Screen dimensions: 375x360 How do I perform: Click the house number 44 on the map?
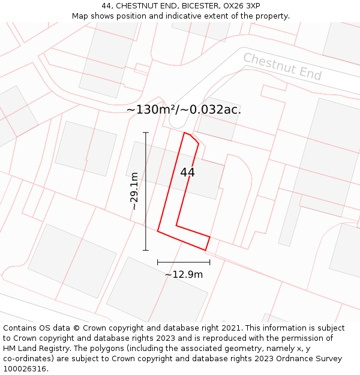point(187,172)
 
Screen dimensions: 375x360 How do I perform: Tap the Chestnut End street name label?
point(282,66)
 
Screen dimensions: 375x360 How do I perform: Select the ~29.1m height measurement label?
point(134,191)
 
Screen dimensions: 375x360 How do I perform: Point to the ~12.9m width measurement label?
point(184,275)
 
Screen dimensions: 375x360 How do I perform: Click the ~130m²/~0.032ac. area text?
point(184,109)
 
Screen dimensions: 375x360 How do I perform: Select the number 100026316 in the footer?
point(26,369)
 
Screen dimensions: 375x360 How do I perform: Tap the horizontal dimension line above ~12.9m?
point(184,262)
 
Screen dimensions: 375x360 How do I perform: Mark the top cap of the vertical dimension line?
point(145,133)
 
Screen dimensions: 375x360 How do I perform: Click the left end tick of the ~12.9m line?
point(158,262)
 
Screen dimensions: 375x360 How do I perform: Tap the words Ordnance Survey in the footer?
point(312,359)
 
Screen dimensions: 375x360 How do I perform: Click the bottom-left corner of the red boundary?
point(158,230)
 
